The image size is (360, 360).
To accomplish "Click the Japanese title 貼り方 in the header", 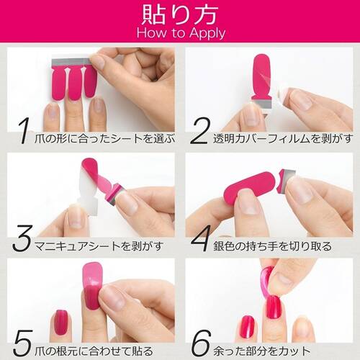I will (181, 14).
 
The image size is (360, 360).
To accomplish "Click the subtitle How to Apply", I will (181, 33).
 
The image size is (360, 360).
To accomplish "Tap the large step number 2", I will (199, 132).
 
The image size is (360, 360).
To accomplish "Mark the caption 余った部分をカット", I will (270, 346).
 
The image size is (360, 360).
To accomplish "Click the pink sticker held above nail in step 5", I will (92, 284).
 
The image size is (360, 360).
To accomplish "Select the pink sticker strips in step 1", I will (74, 82).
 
